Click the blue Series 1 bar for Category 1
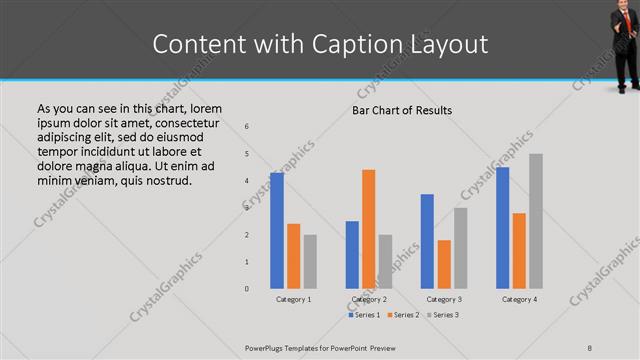276,230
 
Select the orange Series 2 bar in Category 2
368,229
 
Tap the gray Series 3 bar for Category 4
535,221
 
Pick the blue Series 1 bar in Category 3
427,241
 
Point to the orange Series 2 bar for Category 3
444,264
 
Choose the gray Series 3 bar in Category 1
310,261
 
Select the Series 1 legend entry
364,315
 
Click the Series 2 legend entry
402,315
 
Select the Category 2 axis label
369,299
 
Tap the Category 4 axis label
519,299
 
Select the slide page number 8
590,347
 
